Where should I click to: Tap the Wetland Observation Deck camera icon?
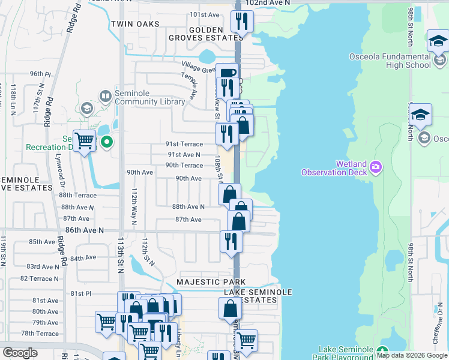[x=376, y=166]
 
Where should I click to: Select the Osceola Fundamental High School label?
[x=390, y=61]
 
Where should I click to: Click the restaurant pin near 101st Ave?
[x=243, y=22]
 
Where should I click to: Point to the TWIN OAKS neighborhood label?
[x=135, y=24]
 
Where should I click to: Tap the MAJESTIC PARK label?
[x=211, y=282]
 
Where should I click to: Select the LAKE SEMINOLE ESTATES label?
[x=258, y=296]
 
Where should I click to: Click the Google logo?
[x=20, y=353]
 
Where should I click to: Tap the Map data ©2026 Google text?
[x=412, y=355]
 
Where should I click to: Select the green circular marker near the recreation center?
[x=107, y=142]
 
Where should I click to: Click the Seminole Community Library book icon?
[x=106, y=96]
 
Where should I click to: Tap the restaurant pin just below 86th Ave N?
[x=231, y=241]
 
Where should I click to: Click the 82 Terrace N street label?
[x=40, y=278]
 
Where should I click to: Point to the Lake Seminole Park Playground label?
[x=345, y=353]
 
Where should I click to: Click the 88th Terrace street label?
[x=77, y=195]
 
